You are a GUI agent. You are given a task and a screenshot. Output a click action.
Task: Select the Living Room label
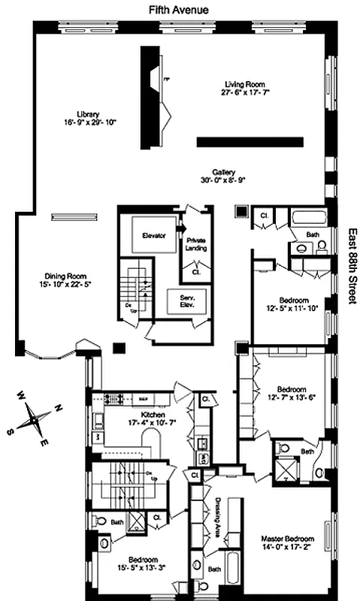(x=246, y=85)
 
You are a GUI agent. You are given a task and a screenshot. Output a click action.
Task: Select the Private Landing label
(x=196, y=244)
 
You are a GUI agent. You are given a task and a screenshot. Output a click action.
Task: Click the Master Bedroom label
(x=286, y=539)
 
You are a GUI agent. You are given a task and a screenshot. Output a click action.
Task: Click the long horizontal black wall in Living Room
(x=249, y=141)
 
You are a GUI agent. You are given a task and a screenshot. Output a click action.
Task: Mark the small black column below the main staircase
(x=117, y=348)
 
